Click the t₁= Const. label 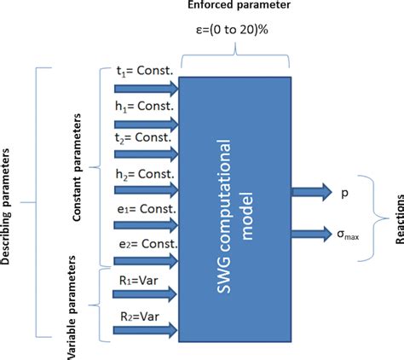pos(145,71)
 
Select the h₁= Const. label pos(144,107)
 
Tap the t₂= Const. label pos(143,138)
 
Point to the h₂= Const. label pos(145,174)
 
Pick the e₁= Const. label pos(147,209)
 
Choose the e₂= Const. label pos(148,244)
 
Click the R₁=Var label pos(139,281)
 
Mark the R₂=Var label pos(140,316)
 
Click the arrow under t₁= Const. pos(147,89)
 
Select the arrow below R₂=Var pos(145,330)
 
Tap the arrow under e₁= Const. pos(147,225)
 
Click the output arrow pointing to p pos(312,192)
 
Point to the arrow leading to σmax pos(312,234)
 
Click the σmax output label pos(348,235)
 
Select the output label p pos(344,194)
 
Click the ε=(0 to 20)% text pos(232,30)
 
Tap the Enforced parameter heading pos(239,5)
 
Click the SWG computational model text pos(234,216)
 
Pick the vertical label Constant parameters pos(77,167)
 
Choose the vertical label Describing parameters pos(5,206)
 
